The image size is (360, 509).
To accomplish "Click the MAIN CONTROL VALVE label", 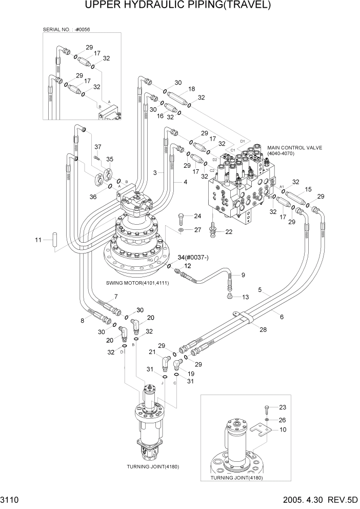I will [x=295, y=148].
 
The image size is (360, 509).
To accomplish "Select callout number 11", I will [x=37, y=240].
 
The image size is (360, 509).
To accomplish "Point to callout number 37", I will [x=97, y=147].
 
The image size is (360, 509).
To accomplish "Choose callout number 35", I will [x=109, y=159].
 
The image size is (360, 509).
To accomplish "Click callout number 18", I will [x=192, y=89].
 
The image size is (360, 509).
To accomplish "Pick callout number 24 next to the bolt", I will [x=197, y=216].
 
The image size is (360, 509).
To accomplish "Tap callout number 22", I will [x=229, y=232].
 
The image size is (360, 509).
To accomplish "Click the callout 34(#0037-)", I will [x=193, y=257].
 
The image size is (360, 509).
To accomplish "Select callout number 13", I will [x=245, y=297].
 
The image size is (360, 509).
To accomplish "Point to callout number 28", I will [x=263, y=329].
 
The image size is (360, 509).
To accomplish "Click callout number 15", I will [x=308, y=190].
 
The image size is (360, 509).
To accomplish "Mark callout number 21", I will [x=152, y=351].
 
